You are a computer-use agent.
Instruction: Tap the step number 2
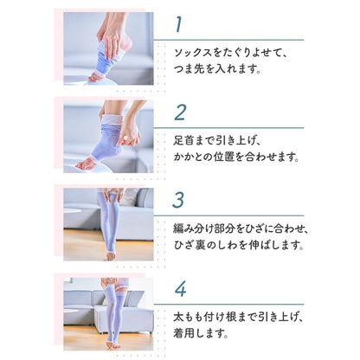pos(180,112)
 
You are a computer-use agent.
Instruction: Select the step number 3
pos(179,200)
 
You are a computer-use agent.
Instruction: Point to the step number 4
pos(180,288)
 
